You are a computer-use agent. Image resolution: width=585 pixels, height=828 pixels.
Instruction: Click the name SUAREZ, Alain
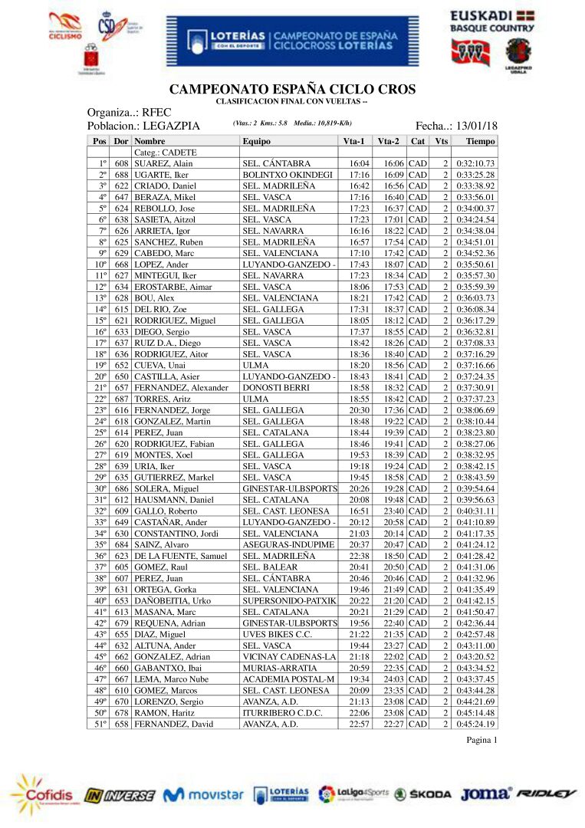163,164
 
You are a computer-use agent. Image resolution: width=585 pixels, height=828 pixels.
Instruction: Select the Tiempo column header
480,142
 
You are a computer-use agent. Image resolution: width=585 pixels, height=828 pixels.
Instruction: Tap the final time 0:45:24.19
475,724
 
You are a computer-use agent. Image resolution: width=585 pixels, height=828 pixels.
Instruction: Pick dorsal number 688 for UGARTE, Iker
121,176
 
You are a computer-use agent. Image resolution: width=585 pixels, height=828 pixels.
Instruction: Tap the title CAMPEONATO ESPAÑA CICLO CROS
292,90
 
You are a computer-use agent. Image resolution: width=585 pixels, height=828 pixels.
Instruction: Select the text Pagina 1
482,740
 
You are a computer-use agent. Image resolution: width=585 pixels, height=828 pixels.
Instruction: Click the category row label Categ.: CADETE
165,153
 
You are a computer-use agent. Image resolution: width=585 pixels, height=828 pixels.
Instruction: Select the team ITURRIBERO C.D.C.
282,713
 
